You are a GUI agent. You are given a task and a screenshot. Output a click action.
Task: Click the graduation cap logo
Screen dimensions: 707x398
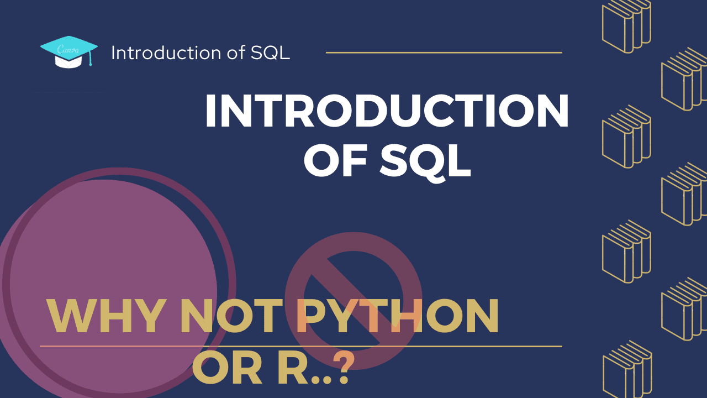pos(69,52)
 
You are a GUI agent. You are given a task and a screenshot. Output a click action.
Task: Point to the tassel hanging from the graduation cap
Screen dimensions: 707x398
pos(91,58)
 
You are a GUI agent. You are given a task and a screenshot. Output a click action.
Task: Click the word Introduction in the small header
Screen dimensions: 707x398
pos(166,53)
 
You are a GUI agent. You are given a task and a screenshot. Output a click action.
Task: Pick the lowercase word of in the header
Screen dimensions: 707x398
pos(236,53)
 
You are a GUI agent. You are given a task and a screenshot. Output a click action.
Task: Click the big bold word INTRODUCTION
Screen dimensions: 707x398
pos(387,111)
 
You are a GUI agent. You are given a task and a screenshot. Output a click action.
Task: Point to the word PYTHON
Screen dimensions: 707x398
pos(397,316)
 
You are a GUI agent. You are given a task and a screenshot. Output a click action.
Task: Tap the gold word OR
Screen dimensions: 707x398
pos(227,368)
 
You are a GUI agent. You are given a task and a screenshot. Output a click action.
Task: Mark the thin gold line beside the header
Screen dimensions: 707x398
pos(444,53)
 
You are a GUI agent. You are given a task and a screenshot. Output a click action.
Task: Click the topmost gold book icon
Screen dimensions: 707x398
pos(626,25)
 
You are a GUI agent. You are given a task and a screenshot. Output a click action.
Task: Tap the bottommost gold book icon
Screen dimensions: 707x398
pos(627,370)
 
